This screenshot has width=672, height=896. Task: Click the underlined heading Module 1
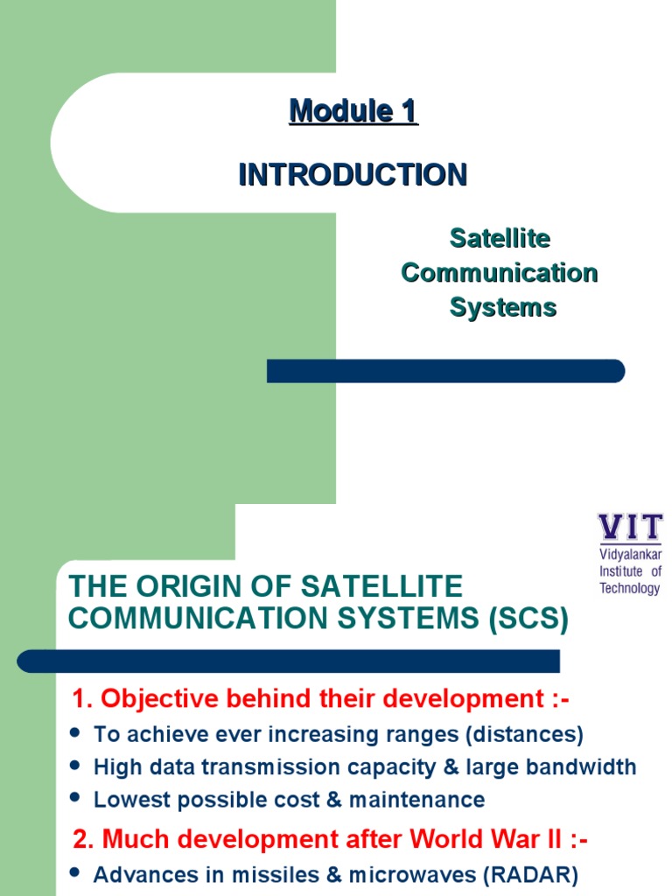353,111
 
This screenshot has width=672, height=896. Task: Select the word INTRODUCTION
353,175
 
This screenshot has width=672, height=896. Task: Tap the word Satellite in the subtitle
500,238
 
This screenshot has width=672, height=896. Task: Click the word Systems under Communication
503,308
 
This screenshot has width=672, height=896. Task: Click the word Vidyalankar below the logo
630,555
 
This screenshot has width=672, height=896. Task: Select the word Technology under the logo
630,588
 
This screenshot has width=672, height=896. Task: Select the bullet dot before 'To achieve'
73,731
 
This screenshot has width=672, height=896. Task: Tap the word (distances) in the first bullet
532,733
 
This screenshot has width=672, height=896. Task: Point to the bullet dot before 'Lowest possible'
73,797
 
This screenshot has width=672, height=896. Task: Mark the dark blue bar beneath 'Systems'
445,371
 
